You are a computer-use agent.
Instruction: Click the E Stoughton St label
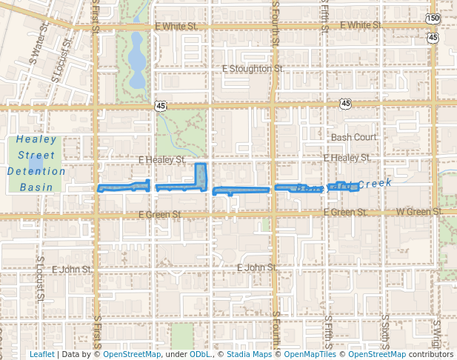click(x=253, y=68)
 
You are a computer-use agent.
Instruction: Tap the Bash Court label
click(x=353, y=137)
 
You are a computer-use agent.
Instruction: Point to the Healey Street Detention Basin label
click(x=36, y=164)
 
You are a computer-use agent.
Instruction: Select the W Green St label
click(x=420, y=213)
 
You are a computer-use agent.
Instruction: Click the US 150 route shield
click(x=433, y=18)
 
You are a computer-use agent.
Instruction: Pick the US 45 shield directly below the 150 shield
click(x=433, y=36)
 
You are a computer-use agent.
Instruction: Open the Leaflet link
click(x=41, y=354)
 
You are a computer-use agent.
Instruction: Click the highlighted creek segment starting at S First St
click(x=124, y=186)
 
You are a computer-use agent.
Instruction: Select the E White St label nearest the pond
click(x=176, y=26)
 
